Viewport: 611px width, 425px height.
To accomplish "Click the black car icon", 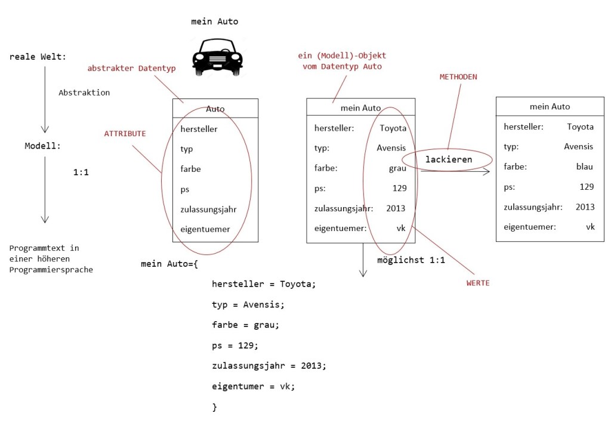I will [x=217, y=57].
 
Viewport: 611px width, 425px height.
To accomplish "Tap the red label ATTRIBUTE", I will [x=125, y=134].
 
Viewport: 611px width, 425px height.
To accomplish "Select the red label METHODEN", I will [x=458, y=77].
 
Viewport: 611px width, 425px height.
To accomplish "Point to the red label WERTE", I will [x=478, y=283].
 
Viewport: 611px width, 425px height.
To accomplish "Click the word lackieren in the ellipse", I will [x=449, y=159].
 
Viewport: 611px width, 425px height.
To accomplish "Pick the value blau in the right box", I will [x=584, y=167].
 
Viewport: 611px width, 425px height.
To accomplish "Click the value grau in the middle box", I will [x=397, y=168].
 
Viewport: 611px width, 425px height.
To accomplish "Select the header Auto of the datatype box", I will [x=215, y=109].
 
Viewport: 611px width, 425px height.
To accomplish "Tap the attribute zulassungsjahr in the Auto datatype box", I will [x=208, y=209].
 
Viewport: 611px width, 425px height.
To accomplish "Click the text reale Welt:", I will [x=38, y=57].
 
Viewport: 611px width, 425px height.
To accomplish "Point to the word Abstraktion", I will [x=84, y=93].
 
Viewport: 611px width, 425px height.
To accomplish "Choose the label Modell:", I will [x=43, y=146].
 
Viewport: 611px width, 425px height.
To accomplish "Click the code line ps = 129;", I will [x=235, y=345].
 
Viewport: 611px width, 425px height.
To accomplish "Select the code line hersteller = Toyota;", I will [x=263, y=284].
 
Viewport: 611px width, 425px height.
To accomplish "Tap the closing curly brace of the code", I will [x=215, y=406].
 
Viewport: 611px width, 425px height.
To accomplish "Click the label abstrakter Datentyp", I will [x=131, y=69].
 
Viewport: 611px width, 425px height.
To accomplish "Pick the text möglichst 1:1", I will [x=411, y=260].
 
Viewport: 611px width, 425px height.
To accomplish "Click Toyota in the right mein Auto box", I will [x=580, y=127].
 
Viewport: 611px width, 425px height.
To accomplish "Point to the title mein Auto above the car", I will [x=214, y=21].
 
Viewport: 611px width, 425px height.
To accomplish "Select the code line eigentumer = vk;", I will [x=253, y=386].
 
